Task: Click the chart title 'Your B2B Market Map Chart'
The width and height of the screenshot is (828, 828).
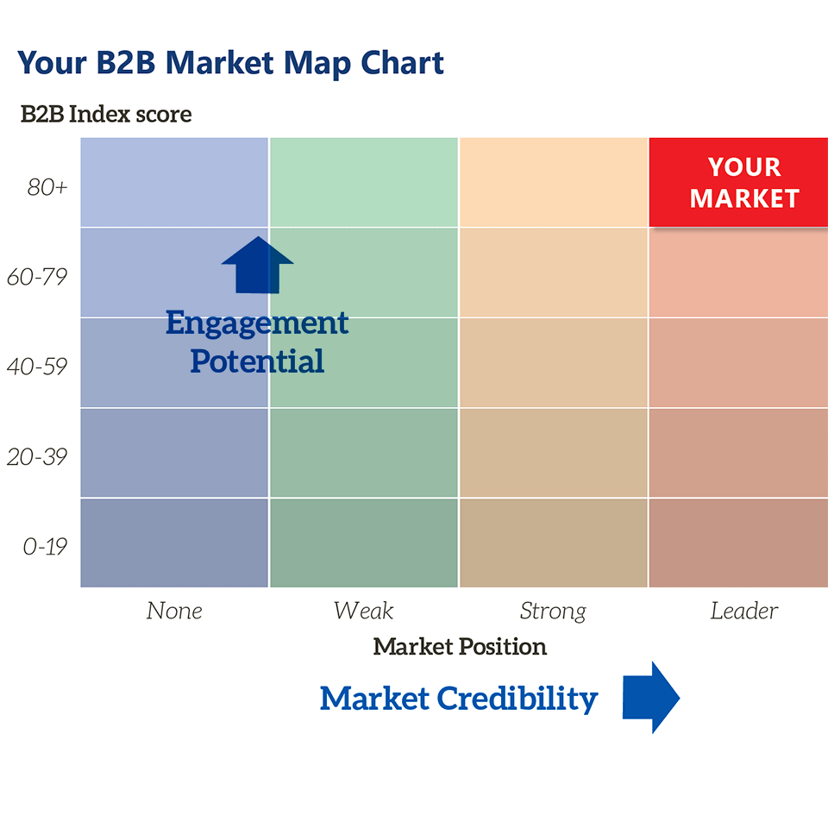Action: point(230,64)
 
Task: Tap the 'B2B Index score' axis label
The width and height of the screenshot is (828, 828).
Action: point(106,114)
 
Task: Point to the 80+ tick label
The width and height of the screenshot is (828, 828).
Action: point(47,187)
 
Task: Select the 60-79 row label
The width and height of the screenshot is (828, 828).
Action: point(37,277)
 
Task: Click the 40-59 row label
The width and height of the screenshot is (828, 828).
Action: point(37,367)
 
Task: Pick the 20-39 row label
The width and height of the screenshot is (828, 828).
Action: point(37,457)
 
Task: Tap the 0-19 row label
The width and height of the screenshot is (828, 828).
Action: point(45,547)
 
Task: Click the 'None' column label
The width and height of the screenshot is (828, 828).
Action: point(174,611)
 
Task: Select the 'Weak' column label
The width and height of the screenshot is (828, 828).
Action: point(363,611)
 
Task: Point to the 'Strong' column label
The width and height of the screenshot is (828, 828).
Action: point(553,612)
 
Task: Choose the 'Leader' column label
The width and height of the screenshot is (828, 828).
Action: point(744,611)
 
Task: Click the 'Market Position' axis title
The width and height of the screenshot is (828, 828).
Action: point(460,646)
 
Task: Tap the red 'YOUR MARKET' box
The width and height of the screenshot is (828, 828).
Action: point(739,182)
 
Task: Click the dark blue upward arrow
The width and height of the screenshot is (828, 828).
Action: point(257,265)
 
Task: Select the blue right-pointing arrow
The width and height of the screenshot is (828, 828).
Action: point(651,697)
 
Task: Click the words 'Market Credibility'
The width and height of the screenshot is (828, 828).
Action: point(459,699)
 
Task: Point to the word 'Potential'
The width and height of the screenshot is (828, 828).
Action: point(257,361)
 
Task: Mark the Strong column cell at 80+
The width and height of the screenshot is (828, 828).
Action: point(554,182)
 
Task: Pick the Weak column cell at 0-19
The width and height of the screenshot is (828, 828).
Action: point(364,543)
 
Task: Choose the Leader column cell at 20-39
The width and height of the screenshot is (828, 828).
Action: point(739,453)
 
